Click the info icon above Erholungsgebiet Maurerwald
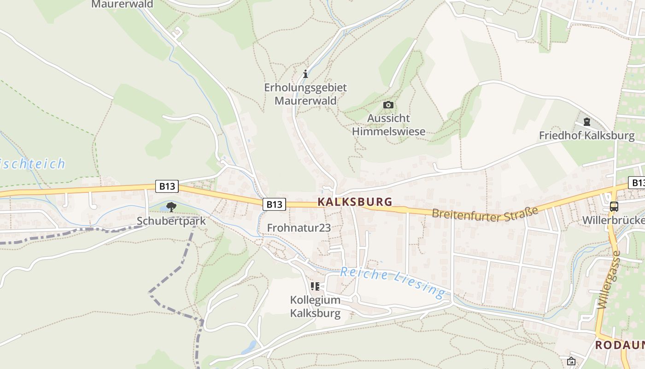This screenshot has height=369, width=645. pos(305,74)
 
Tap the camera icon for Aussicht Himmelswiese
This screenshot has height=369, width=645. pos(388,105)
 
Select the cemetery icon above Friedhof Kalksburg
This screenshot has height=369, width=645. pos(586,122)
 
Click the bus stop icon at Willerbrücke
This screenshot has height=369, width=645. pos(614,206)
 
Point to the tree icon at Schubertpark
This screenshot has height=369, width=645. pos(171,207)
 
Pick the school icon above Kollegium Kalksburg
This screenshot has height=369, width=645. pos(315,286)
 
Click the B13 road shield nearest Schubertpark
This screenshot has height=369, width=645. pos(167,186)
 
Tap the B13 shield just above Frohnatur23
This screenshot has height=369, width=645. pos(274,204)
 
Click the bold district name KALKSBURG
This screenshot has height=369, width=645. pos(355,202)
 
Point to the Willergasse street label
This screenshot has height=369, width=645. pos(610,280)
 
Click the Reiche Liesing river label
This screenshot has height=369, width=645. pos(393,281)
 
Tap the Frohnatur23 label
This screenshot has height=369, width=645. pos(299,227)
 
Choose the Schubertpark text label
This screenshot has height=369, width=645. pos(171,221)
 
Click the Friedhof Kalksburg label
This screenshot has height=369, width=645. pos(586,136)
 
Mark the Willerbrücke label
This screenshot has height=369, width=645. pos(613,220)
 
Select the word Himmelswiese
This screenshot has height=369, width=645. pos(388,131)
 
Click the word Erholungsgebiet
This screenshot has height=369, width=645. pos(305,87)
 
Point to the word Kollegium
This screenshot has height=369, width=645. pos(315,300)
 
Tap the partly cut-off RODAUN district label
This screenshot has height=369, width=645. pos(620,345)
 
